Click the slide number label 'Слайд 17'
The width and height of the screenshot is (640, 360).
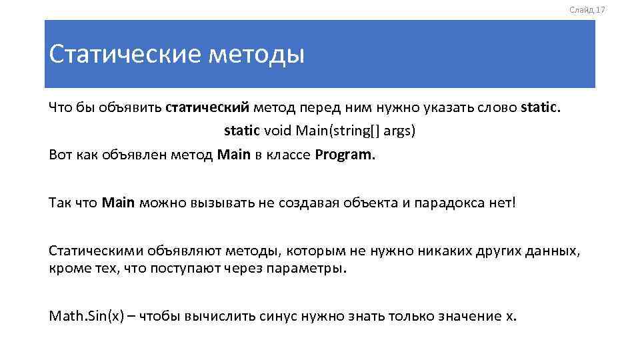coord(587,9)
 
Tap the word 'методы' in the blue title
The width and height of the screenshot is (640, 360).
coord(257,54)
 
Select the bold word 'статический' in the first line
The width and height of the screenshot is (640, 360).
coord(207,107)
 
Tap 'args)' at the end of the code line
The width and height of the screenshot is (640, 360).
coord(399,131)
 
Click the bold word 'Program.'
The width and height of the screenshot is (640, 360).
coord(345,155)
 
